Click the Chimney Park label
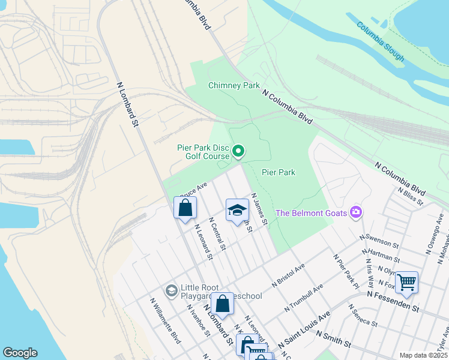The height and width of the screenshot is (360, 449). (234, 85)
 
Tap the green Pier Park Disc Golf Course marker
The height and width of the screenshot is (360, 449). (238, 151)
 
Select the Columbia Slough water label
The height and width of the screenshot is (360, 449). (381, 41)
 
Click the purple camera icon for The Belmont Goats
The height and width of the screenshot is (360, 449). (357, 212)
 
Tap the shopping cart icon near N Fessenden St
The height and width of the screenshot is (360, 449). (406, 281)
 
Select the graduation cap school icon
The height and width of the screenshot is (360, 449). (237, 210)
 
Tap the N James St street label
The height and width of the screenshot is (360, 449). (259, 209)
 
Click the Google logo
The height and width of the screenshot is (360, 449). (20, 353)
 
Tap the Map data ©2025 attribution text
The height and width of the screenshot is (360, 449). (423, 355)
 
